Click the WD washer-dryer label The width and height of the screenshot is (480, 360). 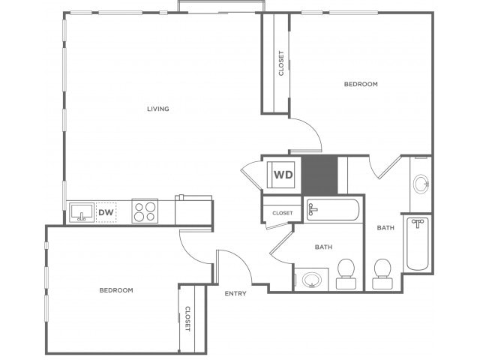(x=283, y=175)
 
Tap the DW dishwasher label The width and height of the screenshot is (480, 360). (x=106, y=212)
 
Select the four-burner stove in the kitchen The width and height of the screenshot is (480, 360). (x=145, y=211)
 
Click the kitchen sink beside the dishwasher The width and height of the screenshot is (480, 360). (x=82, y=212)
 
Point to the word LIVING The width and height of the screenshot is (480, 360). (x=158, y=109)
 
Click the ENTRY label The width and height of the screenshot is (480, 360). (x=235, y=293)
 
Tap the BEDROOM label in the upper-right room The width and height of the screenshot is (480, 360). (x=361, y=84)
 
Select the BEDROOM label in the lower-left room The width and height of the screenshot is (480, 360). (x=116, y=290)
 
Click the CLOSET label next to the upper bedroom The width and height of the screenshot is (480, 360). (x=281, y=63)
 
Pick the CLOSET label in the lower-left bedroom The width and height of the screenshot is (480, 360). (x=187, y=319)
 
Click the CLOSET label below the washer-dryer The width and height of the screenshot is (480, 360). (x=283, y=213)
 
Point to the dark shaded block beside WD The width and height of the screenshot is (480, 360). (x=319, y=175)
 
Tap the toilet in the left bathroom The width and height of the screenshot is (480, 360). (x=346, y=274)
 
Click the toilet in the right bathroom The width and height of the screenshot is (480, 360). (x=382, y=274)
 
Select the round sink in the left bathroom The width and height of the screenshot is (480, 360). (x=312, y=280)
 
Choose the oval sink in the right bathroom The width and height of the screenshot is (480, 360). (x=421, y=184)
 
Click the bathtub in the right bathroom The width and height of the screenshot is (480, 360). (x=417, y=244)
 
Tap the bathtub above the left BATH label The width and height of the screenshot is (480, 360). (x=333, y=210)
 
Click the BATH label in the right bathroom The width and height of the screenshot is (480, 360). (x=385, y=228)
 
